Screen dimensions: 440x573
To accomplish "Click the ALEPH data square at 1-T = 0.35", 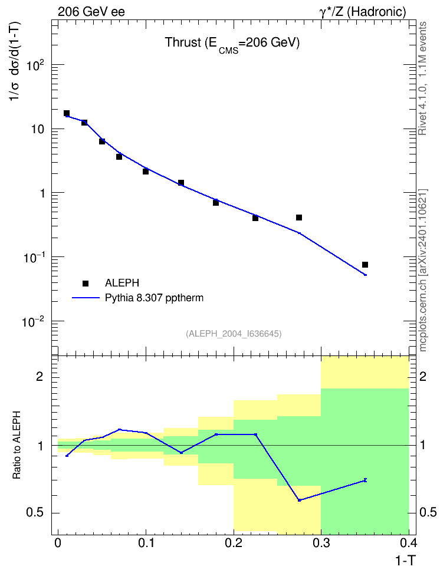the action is point(365,265).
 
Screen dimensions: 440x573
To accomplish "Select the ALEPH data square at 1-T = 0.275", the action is point(299,218).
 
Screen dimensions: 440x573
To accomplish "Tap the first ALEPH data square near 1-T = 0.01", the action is point(67,113).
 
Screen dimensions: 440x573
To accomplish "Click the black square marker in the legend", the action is point(86,283).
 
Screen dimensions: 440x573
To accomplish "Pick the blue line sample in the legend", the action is point(86,298).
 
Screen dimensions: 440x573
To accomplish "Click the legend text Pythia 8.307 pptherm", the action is point(154,298).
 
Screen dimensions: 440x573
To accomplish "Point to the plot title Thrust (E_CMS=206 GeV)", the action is point(232,44).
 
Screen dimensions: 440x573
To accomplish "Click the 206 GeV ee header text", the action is point(91,12).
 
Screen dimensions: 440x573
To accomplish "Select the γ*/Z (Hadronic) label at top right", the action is point(363,12).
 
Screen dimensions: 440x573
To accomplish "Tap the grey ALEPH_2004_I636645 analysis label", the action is point(234,334).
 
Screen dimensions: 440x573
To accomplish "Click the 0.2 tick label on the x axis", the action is point(234,543).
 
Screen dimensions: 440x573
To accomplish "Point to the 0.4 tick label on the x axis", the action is point(408,543).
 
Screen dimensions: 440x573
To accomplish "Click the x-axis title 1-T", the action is point(405,561).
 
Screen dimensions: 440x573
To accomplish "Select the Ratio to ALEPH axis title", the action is point(17,445).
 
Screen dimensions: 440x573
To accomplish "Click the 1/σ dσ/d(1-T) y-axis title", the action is point(15,61).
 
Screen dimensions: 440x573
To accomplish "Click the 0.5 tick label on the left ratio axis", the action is point(35,513).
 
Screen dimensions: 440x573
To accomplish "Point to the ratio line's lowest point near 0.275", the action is point(299,500).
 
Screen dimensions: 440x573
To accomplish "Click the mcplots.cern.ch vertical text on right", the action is point(423,271).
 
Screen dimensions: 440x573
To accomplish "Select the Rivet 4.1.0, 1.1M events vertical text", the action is point(422,78).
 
